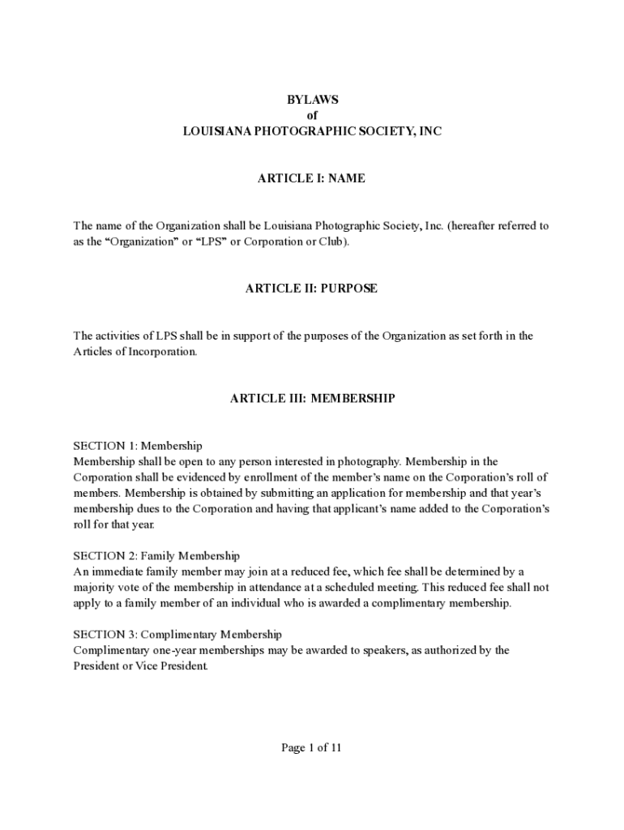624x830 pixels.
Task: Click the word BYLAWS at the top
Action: [312, 100]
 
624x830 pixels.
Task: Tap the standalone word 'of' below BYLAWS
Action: [312, 115]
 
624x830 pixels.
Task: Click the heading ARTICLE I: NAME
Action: [311, 178]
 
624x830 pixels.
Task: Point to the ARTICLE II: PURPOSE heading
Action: [311, 289]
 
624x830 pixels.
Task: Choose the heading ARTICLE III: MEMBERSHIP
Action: [312, 398]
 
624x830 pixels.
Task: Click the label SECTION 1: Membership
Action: [138, 446]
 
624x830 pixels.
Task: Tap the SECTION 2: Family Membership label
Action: [156, 556]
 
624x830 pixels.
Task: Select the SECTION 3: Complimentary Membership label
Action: [177, 635]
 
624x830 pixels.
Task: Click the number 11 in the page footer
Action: [335, 748]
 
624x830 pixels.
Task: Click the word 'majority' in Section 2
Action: [93, 588]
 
